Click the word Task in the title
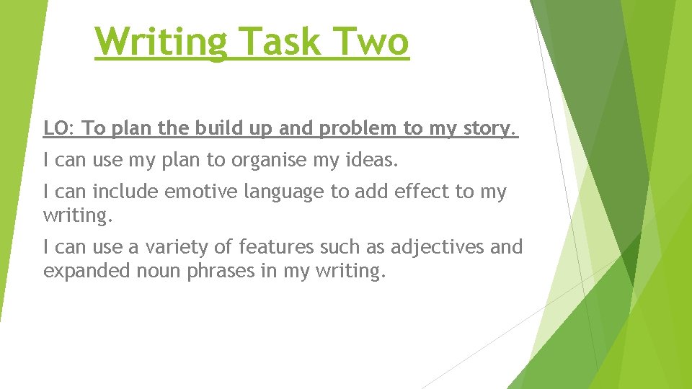[x=280, y=42]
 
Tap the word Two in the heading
[x=369, y=42]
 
